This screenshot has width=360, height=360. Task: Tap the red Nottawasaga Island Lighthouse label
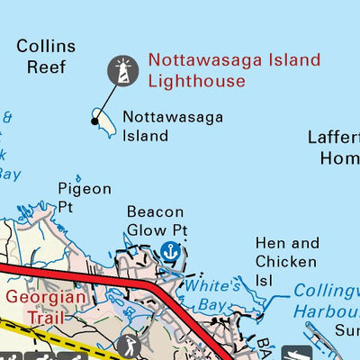tap(234, 71)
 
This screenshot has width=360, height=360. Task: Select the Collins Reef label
tap(45, 56)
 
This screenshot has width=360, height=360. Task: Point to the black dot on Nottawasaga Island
tap(94, 120)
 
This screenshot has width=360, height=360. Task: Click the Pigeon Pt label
tap(85, 198)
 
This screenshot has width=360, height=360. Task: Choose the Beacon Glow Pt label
tap(156, 221)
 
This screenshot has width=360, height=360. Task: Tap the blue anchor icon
tap(168, 252)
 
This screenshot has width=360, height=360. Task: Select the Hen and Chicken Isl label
tap(287, 261)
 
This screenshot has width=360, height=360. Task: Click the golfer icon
tap(131, 345)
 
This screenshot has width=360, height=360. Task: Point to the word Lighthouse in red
tap(196, 81)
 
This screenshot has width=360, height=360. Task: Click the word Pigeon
tap(85, 189)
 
